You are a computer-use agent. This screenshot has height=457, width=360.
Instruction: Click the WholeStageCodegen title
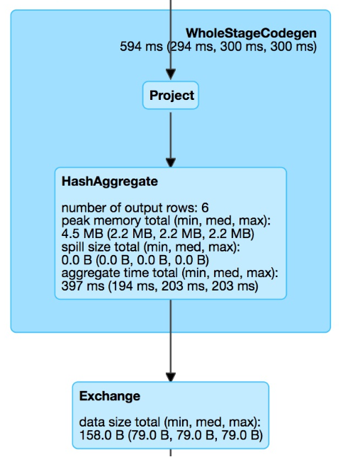click(x=251, y=33)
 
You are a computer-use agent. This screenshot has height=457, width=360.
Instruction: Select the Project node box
click(x=171, y=96)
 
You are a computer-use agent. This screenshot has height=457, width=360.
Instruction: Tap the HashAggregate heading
click(x=110, y=181)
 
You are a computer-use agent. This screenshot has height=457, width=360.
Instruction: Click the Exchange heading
click(x=110, y=396)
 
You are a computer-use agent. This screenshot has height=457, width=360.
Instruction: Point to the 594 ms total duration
click(x=141, y=47)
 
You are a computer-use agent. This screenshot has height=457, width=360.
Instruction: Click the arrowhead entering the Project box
click(x=171, y=74)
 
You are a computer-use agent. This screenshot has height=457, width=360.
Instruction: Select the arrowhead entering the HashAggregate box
click(x=171, y=163)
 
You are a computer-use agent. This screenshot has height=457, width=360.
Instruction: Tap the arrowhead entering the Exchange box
click(x=171, y=377)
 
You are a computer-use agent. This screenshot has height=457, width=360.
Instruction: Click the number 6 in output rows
click(x=205, y=208)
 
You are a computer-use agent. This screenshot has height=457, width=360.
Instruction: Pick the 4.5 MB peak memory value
click(x=82, y=234)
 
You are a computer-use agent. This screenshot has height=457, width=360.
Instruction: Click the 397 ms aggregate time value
click(x=83, y=286)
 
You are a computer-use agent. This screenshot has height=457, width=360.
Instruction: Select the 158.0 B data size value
click(x=101, y=436)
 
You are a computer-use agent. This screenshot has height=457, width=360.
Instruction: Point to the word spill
click(x=72, y=247)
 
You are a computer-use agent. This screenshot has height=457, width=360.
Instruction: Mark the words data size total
click(x=120, y=422)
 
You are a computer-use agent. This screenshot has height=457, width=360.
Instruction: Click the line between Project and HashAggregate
click(x=171, y=135)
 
